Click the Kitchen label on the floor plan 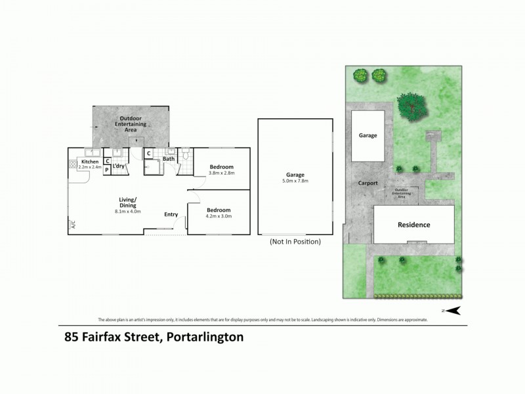90,162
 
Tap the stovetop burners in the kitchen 72,164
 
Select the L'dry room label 119,166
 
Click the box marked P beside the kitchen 108,169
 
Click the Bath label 169,159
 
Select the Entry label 171,214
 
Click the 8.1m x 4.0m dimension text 128,211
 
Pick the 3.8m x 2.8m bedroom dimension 222,173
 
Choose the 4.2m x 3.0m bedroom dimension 219,216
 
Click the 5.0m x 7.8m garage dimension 295,181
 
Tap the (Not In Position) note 295,242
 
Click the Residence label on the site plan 414,225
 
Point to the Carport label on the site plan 367,183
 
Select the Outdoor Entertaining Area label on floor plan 130,124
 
